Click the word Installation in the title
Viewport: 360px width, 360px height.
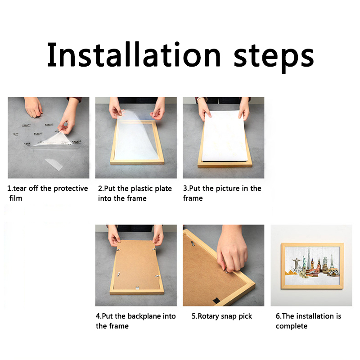tap(134, 54)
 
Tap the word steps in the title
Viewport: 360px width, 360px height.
tap(274, 58)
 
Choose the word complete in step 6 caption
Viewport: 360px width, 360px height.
tap(292, 326)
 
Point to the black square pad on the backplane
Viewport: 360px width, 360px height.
tap(216, 300)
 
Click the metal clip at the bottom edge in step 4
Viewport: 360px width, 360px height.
tap(137, 288)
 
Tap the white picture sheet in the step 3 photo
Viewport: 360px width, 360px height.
tap(224, 136)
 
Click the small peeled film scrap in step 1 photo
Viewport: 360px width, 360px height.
tap(54, 164)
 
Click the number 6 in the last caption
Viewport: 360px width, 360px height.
tap(278, 316)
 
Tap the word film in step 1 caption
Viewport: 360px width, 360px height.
tap(16, 198)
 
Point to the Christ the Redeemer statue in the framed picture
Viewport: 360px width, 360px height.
tap(297, 264)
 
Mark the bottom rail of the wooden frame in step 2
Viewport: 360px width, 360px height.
tap(137, 162)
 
